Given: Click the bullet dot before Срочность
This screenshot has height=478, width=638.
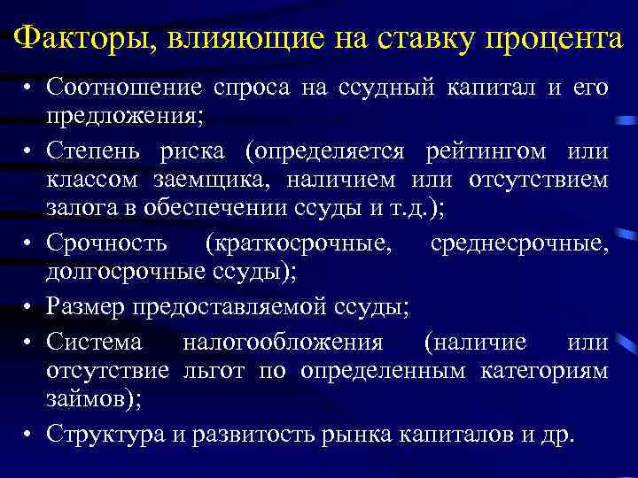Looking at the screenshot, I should [x=29, y=245].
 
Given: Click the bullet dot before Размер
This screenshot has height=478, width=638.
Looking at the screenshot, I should [x=29, y=308].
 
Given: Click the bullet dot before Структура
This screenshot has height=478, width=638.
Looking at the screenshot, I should [x=29, y=436].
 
